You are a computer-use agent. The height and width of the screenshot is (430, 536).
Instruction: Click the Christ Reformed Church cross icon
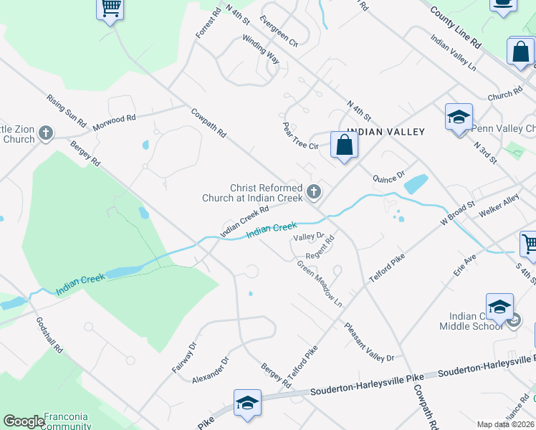pyautogui.click(x=313, y=191)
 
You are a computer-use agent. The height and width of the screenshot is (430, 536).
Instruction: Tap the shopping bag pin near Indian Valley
pyautogui.click(x=345, y=145)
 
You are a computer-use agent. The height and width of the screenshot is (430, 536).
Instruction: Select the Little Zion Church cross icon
pyautogui.click(x=46, y=133)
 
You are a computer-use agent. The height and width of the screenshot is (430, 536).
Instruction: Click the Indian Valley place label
pyautogui.click(x=386, y=132)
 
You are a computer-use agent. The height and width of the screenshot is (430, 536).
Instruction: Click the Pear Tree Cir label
pyautogui.click(x=300, y=135)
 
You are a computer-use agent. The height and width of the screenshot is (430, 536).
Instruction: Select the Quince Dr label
pyautogui.click(x=390, y=176)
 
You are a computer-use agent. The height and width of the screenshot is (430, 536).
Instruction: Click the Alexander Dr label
pyautogui.click(x=211, y=371)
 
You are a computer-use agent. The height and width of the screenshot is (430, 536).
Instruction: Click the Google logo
pyautogui.click(x=24, y=421)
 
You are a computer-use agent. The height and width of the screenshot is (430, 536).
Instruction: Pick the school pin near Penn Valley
pyautogui.click(x=459, y=117)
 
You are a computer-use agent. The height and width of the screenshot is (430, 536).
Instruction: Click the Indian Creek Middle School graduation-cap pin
pyautogui.click(x=499, y=307)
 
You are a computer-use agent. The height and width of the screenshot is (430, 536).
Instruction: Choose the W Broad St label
pyautogui.click(x=458, y=214)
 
